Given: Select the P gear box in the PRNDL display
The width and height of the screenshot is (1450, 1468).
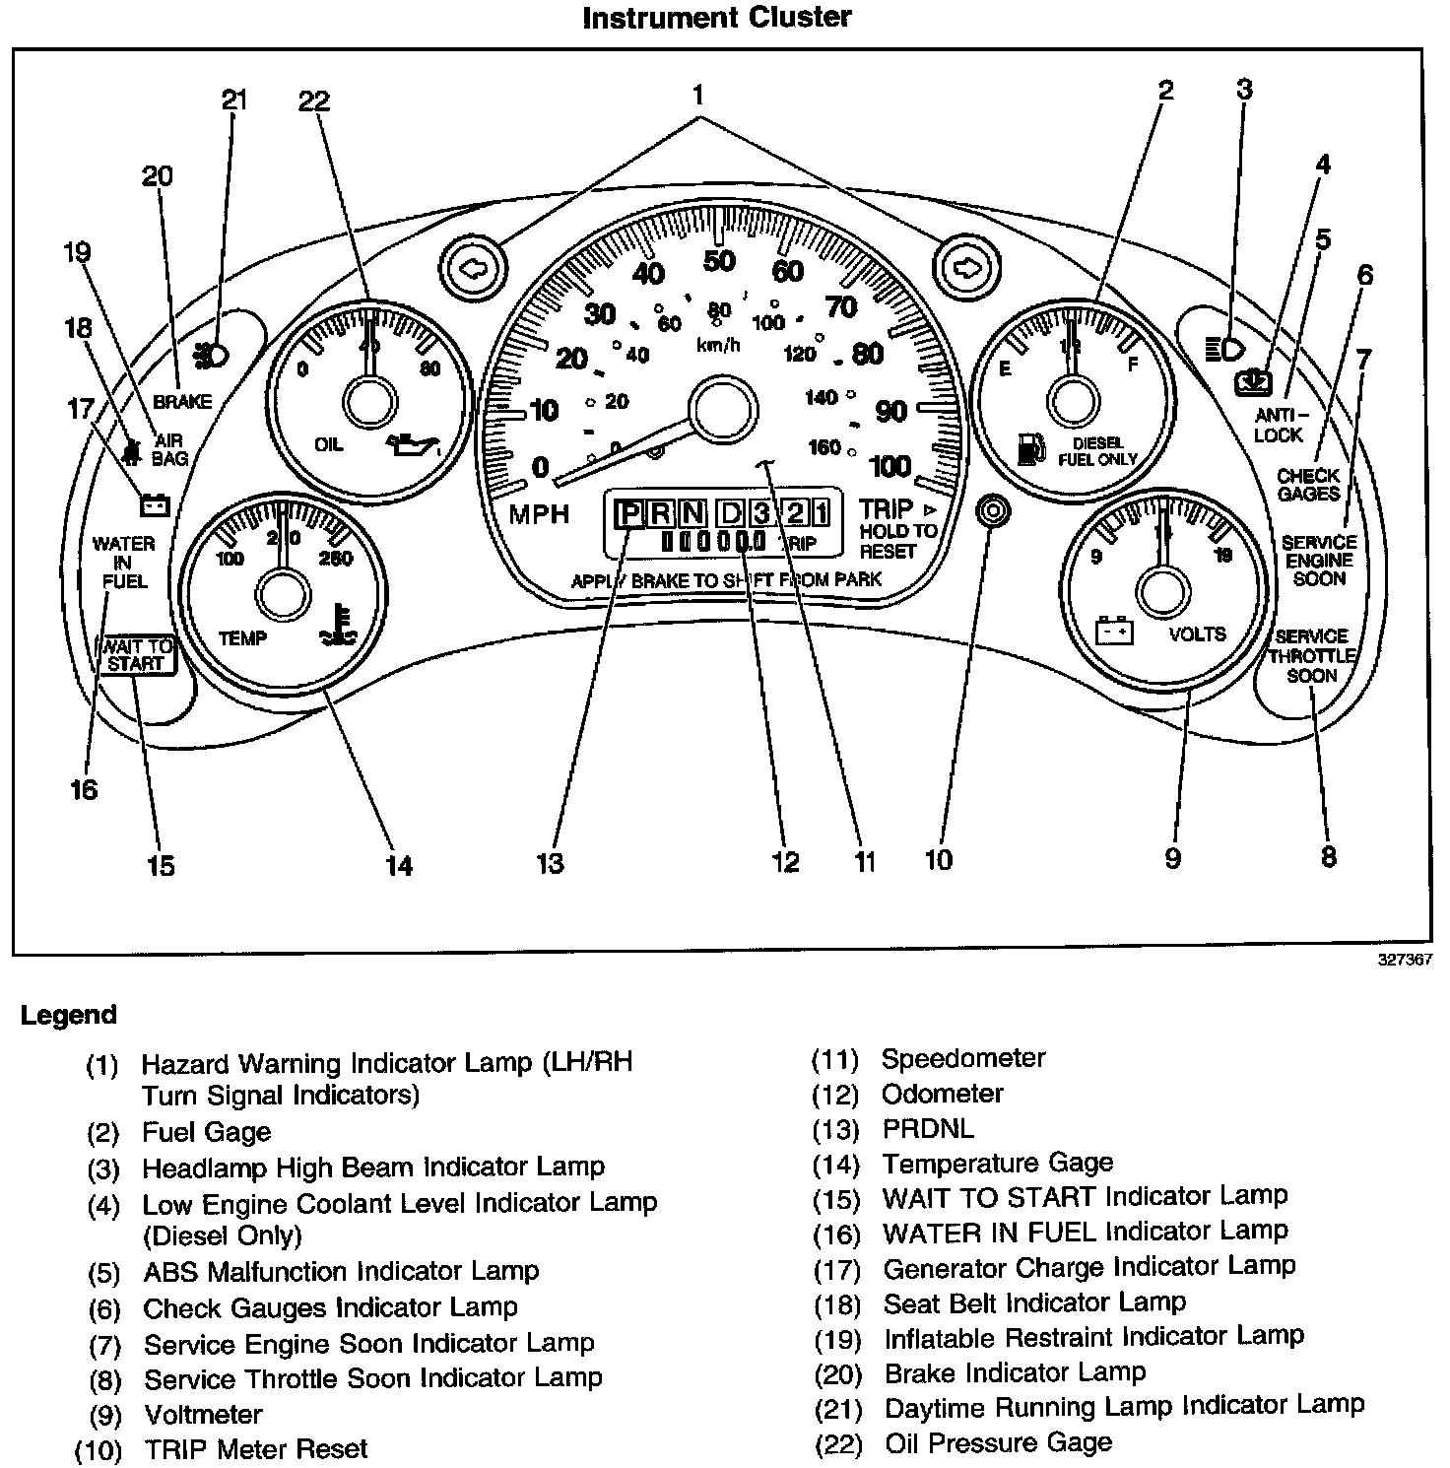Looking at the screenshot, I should click(626, 513).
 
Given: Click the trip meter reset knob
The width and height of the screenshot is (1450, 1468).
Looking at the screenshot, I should click(992, 511).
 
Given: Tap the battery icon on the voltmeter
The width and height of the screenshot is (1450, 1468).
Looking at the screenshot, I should click(1115, 631).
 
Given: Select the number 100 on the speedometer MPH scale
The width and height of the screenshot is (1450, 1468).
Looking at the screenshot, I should click(890, 465).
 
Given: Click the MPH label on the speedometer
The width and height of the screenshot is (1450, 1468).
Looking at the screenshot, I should click(539, 514).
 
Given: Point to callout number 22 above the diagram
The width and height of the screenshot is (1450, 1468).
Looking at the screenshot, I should click(314, 100).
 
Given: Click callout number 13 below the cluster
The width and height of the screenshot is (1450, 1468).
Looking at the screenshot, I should click(550, 863).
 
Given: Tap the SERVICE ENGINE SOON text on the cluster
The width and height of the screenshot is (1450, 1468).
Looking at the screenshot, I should click(1319, 560).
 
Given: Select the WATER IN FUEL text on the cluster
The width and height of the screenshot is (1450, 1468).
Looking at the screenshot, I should click(124, 562).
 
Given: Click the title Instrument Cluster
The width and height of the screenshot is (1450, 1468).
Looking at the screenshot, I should click(716, 17).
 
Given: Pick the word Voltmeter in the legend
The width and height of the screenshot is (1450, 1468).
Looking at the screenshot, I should click(203, 1414).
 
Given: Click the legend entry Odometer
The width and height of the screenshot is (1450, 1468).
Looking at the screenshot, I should click(942, 1094).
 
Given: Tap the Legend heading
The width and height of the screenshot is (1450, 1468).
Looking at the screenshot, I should click(68, 1015).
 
